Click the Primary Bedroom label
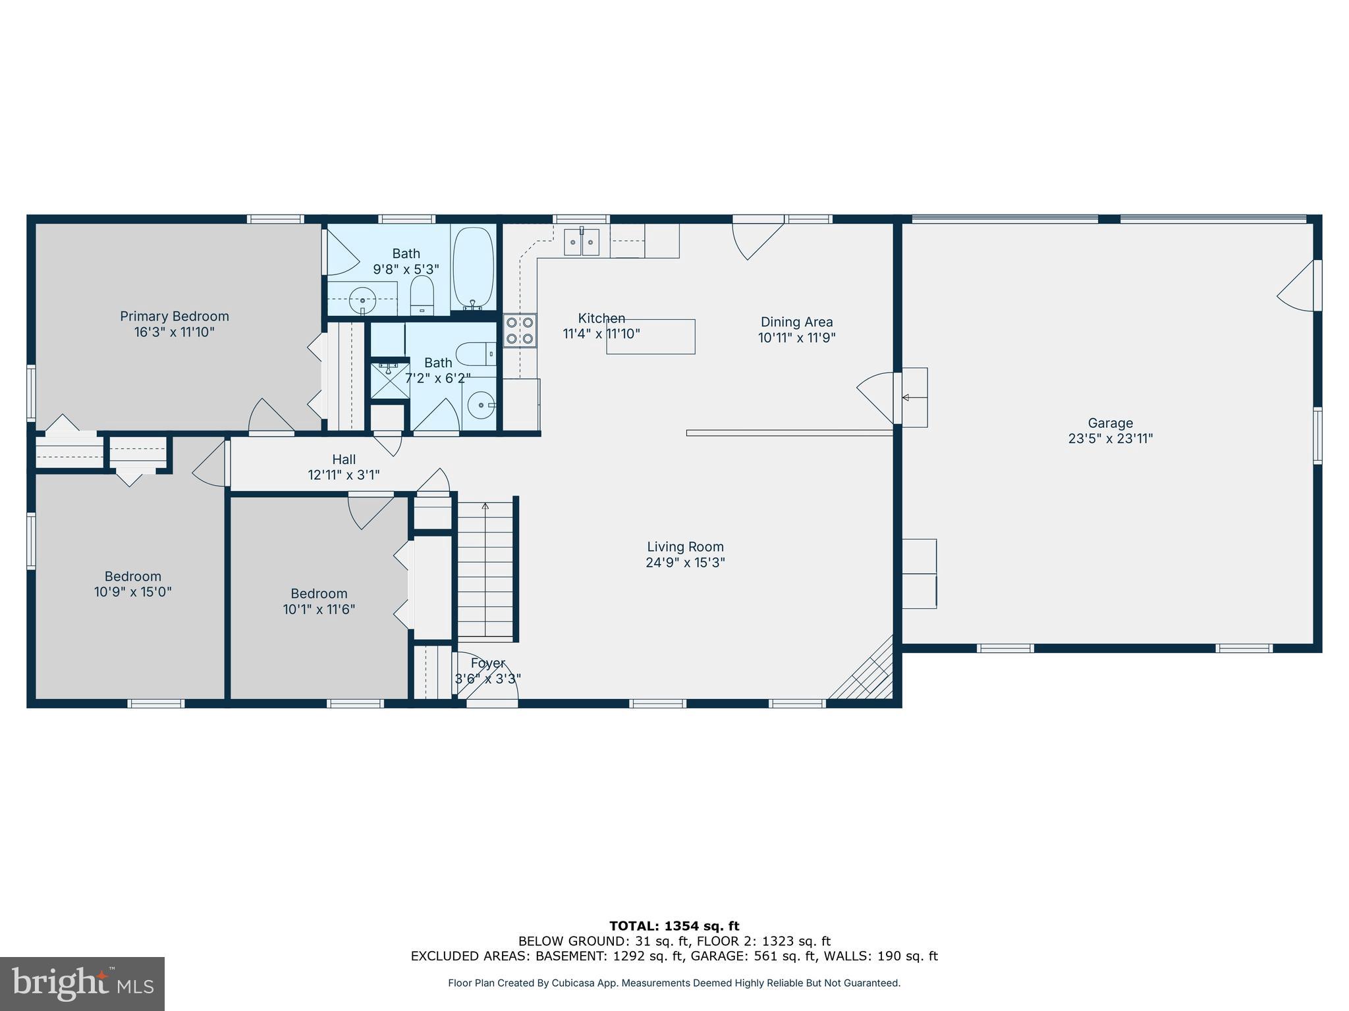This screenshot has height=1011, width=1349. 174,317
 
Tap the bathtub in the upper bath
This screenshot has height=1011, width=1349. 474,268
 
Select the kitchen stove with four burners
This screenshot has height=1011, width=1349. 520,330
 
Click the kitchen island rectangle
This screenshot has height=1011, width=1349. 650,336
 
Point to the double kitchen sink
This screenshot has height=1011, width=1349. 582,242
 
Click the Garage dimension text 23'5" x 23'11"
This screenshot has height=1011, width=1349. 1110,438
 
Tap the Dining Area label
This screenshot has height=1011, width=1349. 796,322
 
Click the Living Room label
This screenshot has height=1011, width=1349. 685,546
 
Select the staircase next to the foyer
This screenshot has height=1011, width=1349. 485,569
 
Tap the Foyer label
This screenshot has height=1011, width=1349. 487,663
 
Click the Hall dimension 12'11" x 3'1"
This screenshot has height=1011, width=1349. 343,475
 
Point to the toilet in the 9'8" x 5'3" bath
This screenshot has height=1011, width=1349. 422,296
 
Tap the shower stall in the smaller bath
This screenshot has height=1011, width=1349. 389,380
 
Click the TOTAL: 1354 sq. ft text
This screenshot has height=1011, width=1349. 674,926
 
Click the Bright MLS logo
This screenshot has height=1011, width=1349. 82,984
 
